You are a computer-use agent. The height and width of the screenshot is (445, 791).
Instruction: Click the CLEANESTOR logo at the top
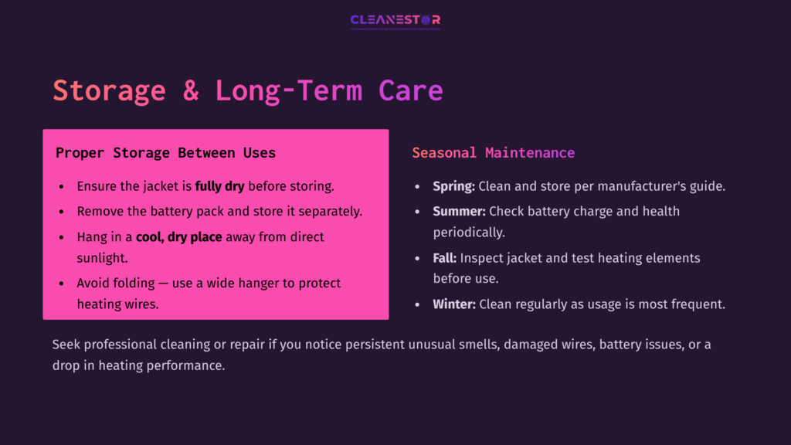click(395, 20)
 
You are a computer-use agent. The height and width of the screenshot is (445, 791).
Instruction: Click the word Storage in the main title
click(109, 91)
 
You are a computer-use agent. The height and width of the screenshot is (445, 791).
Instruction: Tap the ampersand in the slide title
click(191, 91)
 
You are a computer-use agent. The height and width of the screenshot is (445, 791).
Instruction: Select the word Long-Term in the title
click(288, 91)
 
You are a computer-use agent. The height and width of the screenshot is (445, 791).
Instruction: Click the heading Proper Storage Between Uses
click(165, 153)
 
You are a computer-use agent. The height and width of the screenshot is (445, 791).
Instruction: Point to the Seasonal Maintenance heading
click(493, 153)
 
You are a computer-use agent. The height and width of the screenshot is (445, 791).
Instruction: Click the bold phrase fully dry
click(220, 186)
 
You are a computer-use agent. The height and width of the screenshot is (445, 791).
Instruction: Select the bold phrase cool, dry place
click(179, 237)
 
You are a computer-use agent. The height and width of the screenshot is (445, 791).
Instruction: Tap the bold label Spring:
click(453, 186)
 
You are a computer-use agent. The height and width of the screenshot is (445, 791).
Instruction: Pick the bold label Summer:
click(459, 211)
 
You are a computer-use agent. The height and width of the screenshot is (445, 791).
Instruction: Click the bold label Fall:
click(444, 258)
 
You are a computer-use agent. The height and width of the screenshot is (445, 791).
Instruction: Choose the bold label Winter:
click(454, 304)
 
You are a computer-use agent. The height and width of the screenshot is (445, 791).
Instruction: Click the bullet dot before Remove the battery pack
click(62, 212)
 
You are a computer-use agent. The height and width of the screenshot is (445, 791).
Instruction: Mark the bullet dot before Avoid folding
click(62, 284)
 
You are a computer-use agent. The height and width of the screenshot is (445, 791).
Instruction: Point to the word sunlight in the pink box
click(102, 258)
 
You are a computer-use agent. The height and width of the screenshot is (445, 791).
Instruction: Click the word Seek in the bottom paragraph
click(67, 345)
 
